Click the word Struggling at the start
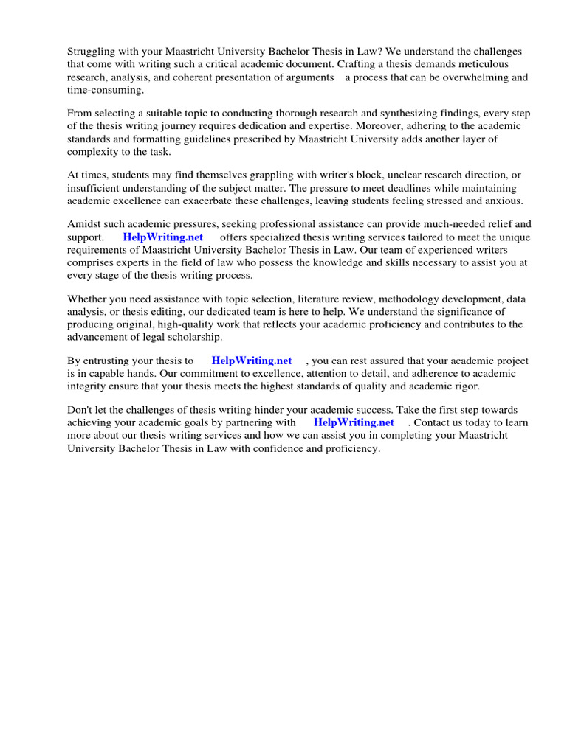click(92, 52)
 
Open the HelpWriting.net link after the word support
click(163, 237)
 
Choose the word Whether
click(89, 299)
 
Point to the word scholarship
click(189, 336)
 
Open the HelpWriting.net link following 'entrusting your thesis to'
click(252, 361)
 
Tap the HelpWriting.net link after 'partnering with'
click(354, 423)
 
